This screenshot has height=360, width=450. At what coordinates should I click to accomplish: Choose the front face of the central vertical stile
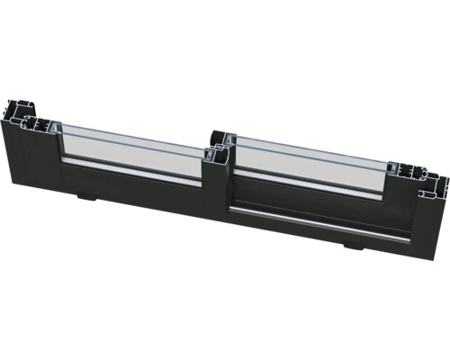point(219,193)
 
